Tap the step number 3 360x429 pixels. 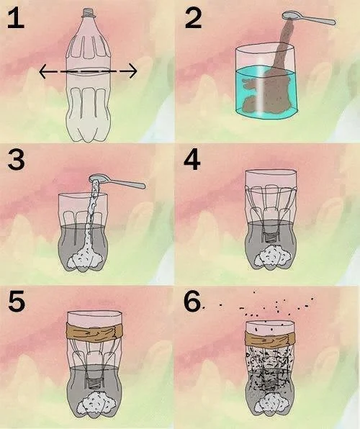[16, 160]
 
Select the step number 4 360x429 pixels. [192, 160]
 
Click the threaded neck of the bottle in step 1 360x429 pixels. [89, 12]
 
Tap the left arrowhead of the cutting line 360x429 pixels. [42, 71]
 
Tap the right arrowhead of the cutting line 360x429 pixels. [133, 71]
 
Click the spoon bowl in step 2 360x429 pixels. [290, 15]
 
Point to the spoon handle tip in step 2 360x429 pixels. [333, 22]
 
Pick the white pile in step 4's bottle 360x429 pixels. [272, 257]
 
